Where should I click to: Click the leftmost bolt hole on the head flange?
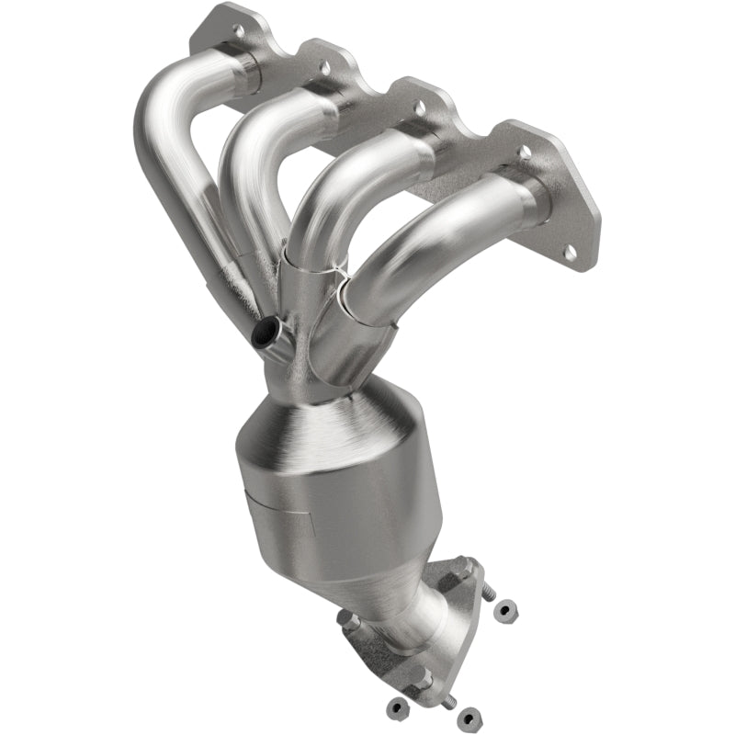click(237, 30)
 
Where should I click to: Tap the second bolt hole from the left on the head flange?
click(323, 66)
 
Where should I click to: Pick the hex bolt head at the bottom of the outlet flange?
click(421, 678)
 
